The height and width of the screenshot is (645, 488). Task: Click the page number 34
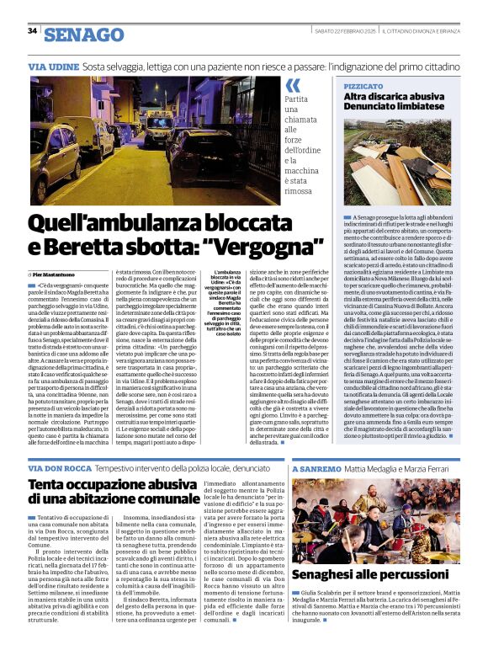click(x=32, y=31)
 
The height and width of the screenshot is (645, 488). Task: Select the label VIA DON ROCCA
click(x=60, y=467)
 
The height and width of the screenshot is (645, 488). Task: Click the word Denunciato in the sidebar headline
click(x=379, y=110)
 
